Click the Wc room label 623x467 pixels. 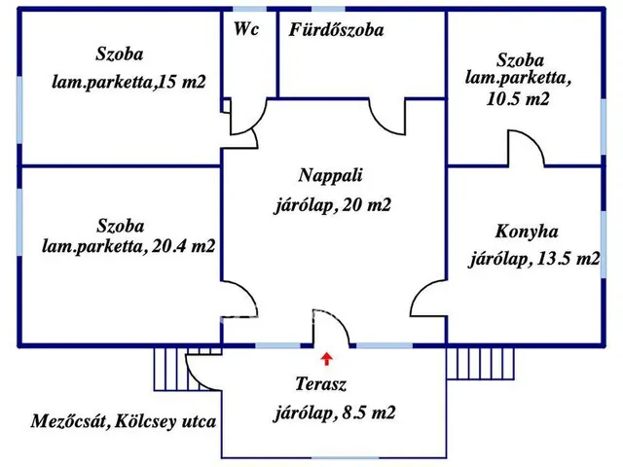pyautogui.click(x=246, y=29)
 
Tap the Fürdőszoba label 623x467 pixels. pyautogui.click(x=336, y=30)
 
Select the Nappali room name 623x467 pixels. pyautogui.click(x=330, y=175)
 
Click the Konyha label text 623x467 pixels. pyautogui.click(x=527, y=232)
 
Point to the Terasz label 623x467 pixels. pyautogui.click(x=321, y=383)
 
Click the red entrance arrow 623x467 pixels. pyautogui.click(x=327, y=358)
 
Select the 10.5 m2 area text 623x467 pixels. pyautogui.click(x=518, y=99)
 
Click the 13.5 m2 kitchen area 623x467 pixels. pyautogui.click(x=568, y=260)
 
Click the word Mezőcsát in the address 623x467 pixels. pyautogui.click(x=69, y=421)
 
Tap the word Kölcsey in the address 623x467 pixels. pyautogui.click(x=145, y=421)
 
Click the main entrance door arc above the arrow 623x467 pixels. pyautogui.click(x=339, y=320)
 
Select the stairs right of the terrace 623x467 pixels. pyautogui.click(x=480, y=363)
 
